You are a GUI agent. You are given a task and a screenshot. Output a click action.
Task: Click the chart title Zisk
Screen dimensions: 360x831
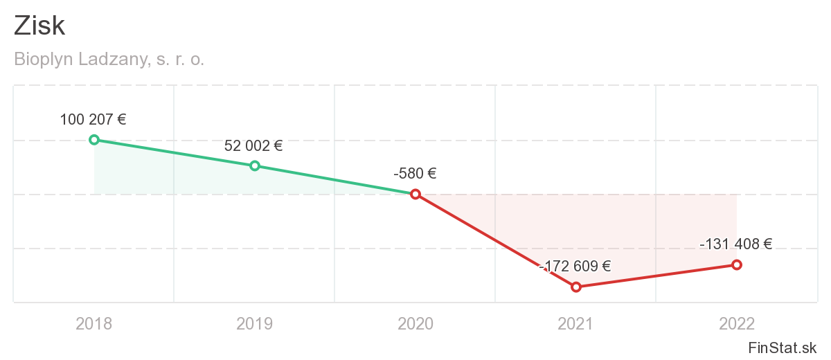click(x=39, y=26)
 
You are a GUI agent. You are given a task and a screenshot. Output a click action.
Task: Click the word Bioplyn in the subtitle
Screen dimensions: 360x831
click(x=42, y=60)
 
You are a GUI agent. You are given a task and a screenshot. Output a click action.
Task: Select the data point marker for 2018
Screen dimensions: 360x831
click(x=94, y=140)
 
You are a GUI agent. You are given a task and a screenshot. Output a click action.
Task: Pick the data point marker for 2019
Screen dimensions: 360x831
click(x=255, y=165)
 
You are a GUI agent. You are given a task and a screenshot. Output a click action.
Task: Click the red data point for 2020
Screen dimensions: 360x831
click(x=415, y=195)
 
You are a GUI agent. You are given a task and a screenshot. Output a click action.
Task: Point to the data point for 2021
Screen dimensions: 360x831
click(x=576, y=287)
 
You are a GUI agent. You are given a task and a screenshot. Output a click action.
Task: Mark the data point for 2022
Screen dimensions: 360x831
click(x=737, y=264)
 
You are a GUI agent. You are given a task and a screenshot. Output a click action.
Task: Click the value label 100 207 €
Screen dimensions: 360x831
click(x=93, y=119)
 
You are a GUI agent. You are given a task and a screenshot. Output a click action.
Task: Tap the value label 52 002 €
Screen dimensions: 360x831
click(x=253, y=145)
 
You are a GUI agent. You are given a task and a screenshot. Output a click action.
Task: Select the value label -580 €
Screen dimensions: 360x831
click(x=415, y=174)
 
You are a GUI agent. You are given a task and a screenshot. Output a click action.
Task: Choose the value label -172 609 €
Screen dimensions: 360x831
click(x=575, y=266)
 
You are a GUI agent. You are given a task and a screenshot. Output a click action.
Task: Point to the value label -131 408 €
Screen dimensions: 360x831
click(x=735, y=244)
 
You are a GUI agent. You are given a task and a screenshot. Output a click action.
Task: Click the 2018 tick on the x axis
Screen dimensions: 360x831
click(x=94, y=323)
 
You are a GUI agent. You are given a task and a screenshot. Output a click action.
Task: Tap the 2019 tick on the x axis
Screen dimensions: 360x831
click(x=255, y=323)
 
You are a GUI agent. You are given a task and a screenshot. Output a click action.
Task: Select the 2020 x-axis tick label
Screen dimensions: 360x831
click(x=415, y=323)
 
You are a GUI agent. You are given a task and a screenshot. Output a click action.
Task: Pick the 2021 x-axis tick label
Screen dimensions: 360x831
click(x=576, y=323)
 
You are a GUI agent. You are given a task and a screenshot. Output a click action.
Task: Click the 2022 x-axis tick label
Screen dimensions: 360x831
click(x=737, y=323)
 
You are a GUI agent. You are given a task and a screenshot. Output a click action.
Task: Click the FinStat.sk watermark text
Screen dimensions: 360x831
click(x=783, y=347)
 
